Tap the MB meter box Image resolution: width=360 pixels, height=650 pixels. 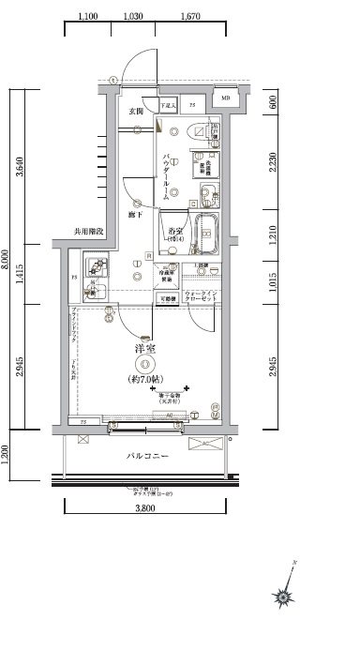tap(225, 98)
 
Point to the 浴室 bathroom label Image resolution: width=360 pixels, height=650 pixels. tap(173, 231)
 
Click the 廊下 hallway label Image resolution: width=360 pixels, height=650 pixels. tap(136, 214)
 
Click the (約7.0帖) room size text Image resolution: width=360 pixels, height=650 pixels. tap(145, 380)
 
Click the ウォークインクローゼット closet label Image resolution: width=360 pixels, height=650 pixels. tap(202, 296)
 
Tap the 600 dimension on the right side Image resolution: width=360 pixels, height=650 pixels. tap(272, 103)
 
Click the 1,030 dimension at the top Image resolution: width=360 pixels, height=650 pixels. tap(133, 17)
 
